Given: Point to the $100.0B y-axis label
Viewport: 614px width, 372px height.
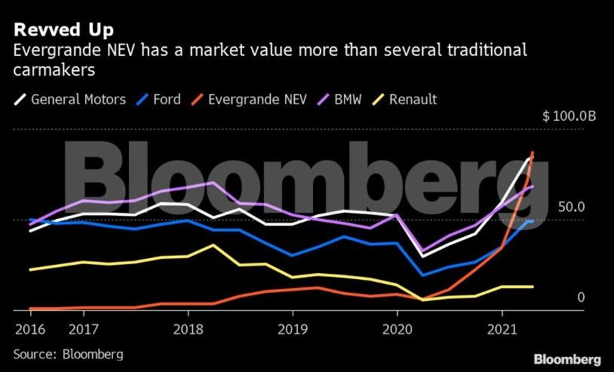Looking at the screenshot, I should point(570,117).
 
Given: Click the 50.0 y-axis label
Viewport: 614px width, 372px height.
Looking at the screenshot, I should point(572,207).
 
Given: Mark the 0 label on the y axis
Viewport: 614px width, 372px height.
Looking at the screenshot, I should point(581,297).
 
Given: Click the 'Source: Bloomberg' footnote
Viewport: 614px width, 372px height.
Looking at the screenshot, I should point(68,354).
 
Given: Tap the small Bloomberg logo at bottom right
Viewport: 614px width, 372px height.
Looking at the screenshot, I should point(567,359).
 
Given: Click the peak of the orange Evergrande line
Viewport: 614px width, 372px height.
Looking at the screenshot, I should point(532,152).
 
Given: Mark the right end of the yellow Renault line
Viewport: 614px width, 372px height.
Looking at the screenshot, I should point(532,287).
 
